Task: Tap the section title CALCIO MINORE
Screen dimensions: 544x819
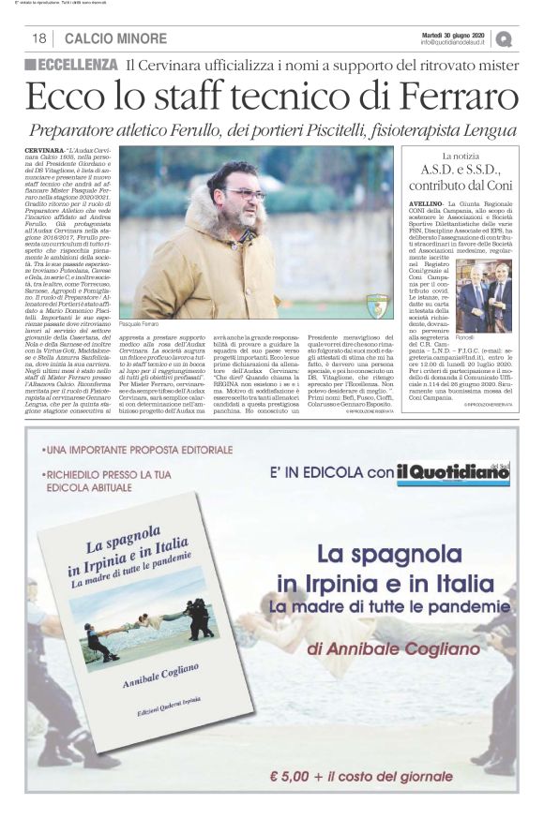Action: pyautogui.click(x=116, y=38)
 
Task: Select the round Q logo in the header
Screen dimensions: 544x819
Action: pyautogui.click(x=506, y=38)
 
